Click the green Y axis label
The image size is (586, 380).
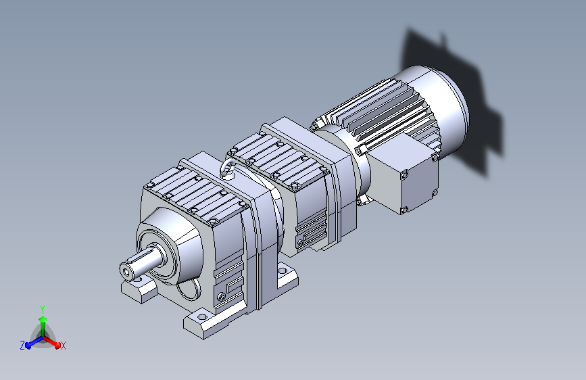(43, 309)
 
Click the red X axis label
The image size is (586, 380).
(63, 346)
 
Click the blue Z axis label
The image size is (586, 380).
(22, 346)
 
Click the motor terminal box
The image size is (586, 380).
(406, 173)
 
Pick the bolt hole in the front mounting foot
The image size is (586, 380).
(202, 317)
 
